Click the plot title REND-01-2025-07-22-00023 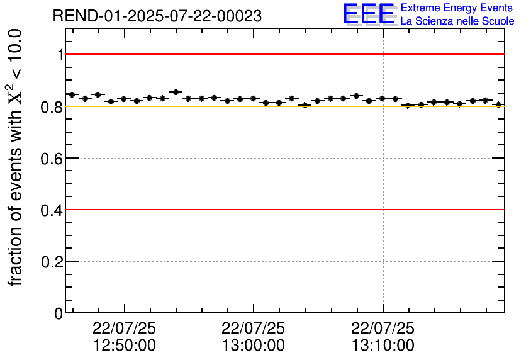pyautogui.click(x=157, y=16)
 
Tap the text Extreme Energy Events pyautogui.click(x=457, y=8)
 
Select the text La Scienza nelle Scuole pyautogui.click(x=457, y=21)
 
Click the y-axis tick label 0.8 pyautogui.click(x=52, y=106)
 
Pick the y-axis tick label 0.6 pyautogui.click(x=52, y=158)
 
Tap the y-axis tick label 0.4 pyautogui.click(x=52, y=210)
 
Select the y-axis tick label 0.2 pyautogui.click(x=52, y=261)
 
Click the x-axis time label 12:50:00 pyautogui.click(x=124, y=346)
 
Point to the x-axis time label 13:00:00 pyautogui.click(x=253, y=346)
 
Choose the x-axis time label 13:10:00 pyautogui.click(x=383, y=346)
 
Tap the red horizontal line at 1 pyautogui.click(x=283, y=55)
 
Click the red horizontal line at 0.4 pyautogui.click(x=283, y=210)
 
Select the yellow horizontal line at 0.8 pyautogui.click(x=283, y=106)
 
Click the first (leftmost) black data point pyautogui.click(x=71, y=94)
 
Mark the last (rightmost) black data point pyautogui.click(x=498, y=104)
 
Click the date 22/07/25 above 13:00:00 pyautogui.click(x=253, y=329)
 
